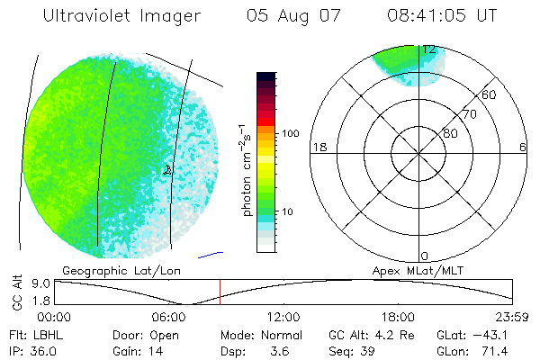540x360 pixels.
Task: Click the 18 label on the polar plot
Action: (x=318, y=147)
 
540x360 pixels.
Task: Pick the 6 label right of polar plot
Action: (x=523, y=147)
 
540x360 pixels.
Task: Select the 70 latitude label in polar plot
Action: (x=470, y=114)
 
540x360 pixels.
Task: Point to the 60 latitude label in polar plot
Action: (x=490, y=94)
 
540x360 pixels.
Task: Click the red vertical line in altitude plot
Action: (x=220, y=292)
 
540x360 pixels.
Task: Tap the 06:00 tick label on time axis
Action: (x=169, y=317)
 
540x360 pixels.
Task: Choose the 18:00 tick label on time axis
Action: (x=398, y=317)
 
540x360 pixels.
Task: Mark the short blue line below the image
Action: (x=210, y=254)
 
